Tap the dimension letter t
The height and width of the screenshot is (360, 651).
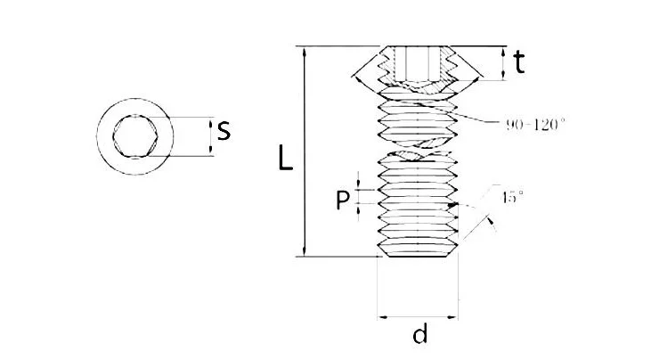(x=519, y=61)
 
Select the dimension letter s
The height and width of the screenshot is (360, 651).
(x=224, y=130)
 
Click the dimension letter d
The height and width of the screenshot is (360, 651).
(x=419, y=335)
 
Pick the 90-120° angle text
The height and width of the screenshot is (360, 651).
(x=533, y=125)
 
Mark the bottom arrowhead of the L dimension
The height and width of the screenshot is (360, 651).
(x=307, y=252)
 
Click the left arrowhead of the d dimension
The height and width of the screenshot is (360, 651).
(x=383, y=315)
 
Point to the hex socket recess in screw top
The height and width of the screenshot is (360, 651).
(x=418, y=62)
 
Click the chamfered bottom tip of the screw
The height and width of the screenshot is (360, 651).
(x=418, y=255)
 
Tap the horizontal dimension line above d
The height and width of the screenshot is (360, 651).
(x=418, y=315)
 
